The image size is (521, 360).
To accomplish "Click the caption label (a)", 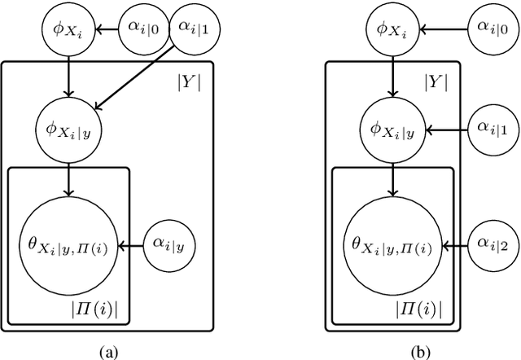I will pyautogui.click(x=107, y=352).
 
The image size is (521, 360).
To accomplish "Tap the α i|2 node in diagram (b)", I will pyautogui.click(x=490, y=243).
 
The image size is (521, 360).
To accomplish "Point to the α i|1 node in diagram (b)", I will pyautogui.click(x=490, y=129).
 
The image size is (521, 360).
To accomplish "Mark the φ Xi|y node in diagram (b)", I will pyautogui.click(x=394, y=129).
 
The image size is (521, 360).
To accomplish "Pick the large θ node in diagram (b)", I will pyautogui.click(x=394, y=243).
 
